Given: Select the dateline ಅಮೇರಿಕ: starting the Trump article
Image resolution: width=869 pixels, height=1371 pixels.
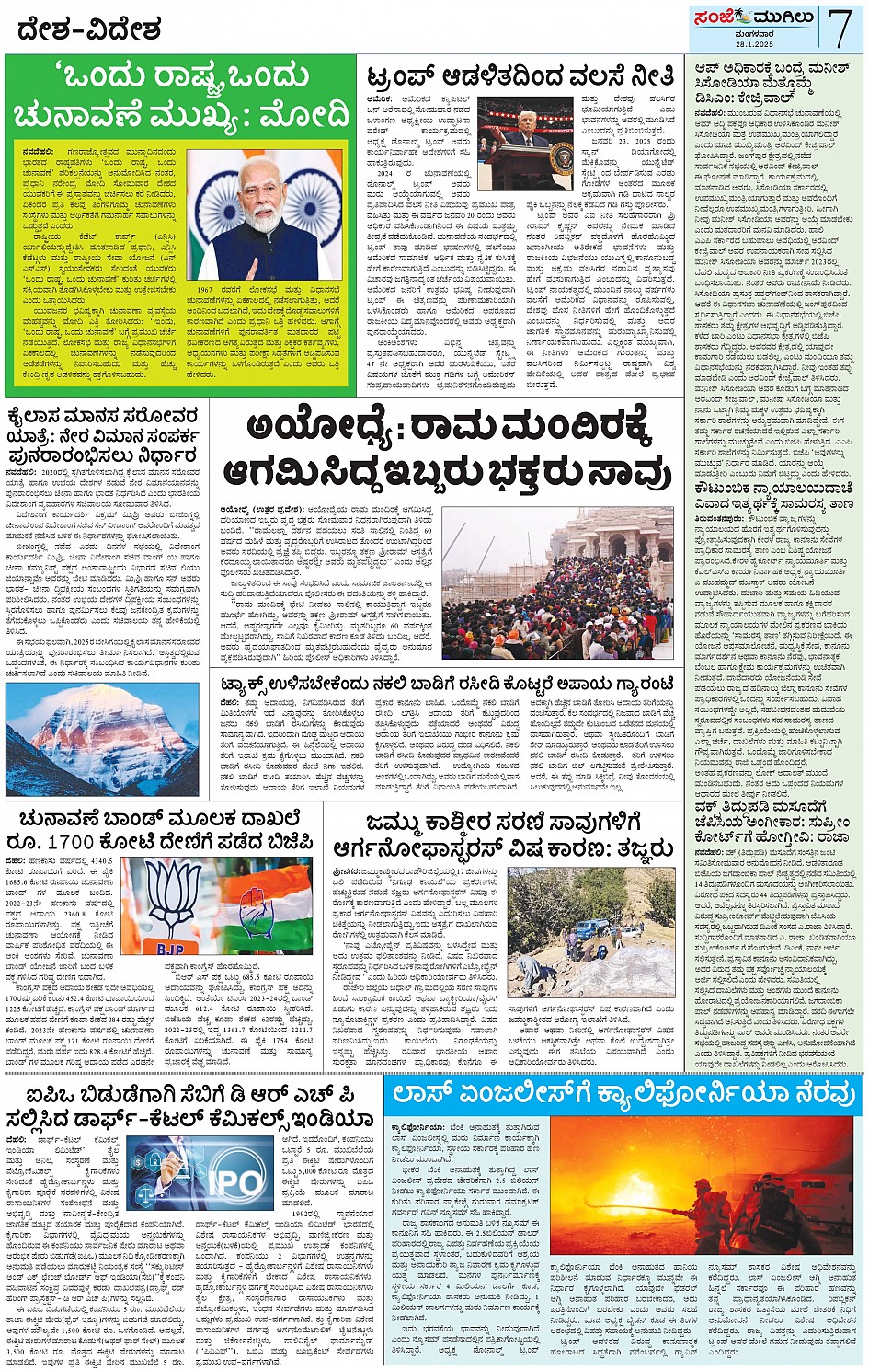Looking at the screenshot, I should click(380, 98).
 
